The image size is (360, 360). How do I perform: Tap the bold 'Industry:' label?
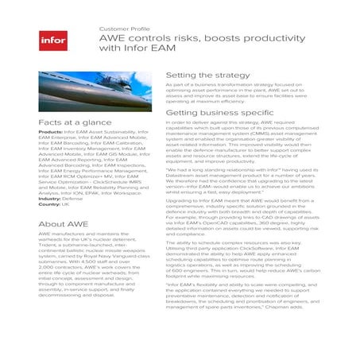[51, 199]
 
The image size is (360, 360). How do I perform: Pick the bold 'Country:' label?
[50, 204]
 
